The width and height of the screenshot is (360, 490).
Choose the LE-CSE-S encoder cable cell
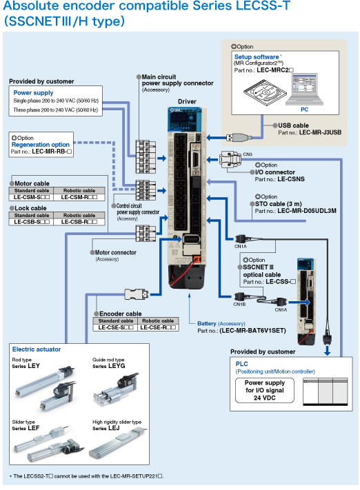[x=115, y=327]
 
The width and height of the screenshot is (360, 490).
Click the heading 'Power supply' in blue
[x=34, y=92]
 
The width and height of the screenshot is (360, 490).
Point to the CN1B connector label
[x=239, y=283]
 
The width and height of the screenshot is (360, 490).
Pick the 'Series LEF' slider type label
[x=26, y=428]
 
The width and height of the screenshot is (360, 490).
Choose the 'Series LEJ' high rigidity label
[x=107, y=428]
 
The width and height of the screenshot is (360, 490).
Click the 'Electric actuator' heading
[x=36, y=349]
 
